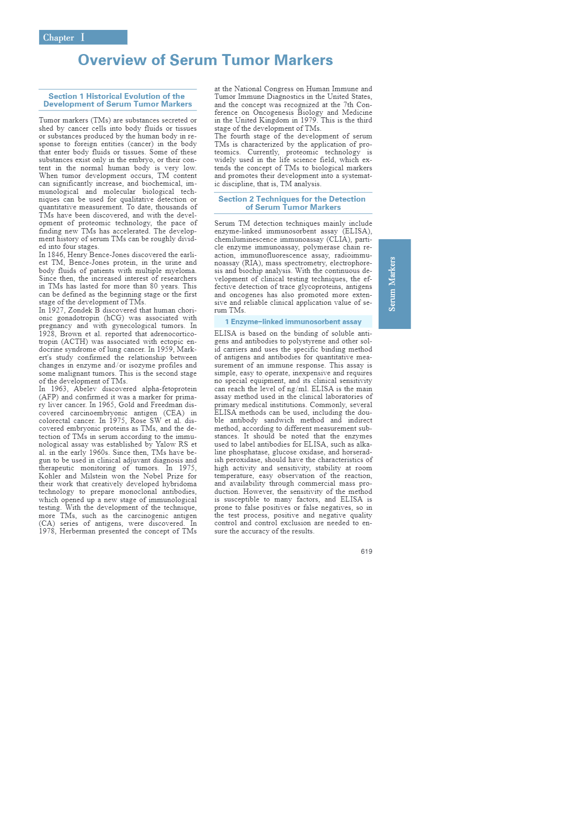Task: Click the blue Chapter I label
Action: coord(83,38)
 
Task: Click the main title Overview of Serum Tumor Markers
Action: coord(205,60)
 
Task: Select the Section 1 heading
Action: coord(118,100)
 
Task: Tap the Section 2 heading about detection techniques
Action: coord(293,203)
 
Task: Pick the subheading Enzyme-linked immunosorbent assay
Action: coord(293,322)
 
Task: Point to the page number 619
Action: coord(366,551)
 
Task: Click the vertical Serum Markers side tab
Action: coord(394,284)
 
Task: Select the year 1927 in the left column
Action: coord(56,310)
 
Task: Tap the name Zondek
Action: coord(80,310)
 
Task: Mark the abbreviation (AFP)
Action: coord(48,397)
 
